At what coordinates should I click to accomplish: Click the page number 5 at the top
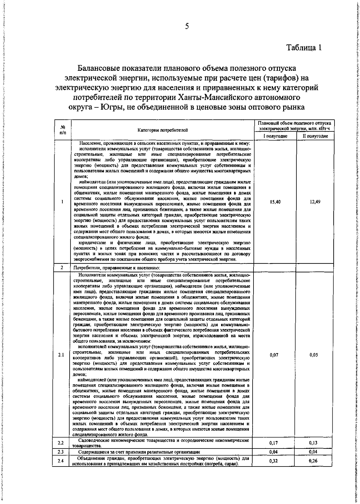[x=187, y=26]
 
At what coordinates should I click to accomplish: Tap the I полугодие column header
[x=275, y=136]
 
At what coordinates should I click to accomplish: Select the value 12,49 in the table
[x=315, y=202]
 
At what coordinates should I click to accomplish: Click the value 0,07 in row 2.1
[x=274, y=355]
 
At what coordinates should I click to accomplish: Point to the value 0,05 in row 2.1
[x=314, y=355]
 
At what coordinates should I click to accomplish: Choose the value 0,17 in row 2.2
[x=273, y=443]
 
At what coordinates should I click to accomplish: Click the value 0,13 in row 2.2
[x=313, y=443]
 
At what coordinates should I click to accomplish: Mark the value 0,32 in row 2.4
[x=273, y=461]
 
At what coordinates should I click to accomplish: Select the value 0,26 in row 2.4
[x=313, y=461]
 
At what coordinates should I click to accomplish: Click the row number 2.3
[x=61, y=452]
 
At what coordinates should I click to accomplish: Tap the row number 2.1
[x=61, y=355]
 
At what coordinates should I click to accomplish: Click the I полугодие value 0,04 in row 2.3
[x=273, y=451]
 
